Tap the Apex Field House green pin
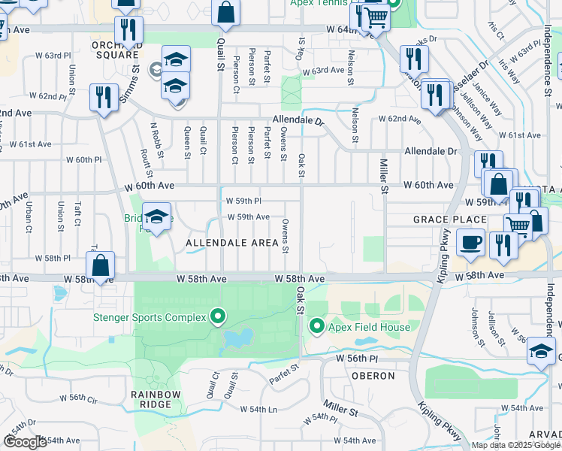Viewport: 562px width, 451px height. click(x=317, y=326)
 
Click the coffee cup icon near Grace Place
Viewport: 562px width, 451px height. click(x=470, y=242)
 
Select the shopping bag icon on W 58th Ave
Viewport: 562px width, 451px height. click(x=101, y=265)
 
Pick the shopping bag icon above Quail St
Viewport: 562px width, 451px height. click(x=225, y=13)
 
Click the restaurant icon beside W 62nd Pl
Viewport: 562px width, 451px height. click(x=103, y=97)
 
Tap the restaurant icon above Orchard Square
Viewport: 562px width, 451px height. click(x=128, y=29)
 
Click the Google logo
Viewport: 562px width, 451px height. click(x=25, y=442)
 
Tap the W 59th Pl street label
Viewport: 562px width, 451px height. click(x=243, y=201)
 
